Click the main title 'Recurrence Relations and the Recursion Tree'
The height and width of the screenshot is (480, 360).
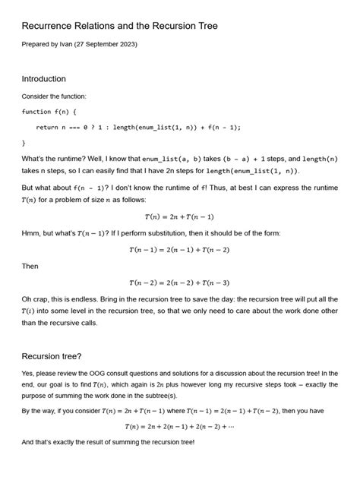[119, 27]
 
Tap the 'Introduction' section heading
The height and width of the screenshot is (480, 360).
[43, 79]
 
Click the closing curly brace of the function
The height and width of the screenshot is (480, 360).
[24, 141]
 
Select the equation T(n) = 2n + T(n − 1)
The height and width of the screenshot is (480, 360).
[179, 216]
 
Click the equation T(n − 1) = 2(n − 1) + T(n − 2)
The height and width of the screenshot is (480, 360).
[179, 249]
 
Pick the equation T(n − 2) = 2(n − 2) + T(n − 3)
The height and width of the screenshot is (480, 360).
[179, 283]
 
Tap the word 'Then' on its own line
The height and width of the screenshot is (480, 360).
[30, 267]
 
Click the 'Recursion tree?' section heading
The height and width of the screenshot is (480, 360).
[52, 354]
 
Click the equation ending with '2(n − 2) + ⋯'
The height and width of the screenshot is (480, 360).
[179, 426]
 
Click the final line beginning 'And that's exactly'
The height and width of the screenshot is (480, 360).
[108, 441]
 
